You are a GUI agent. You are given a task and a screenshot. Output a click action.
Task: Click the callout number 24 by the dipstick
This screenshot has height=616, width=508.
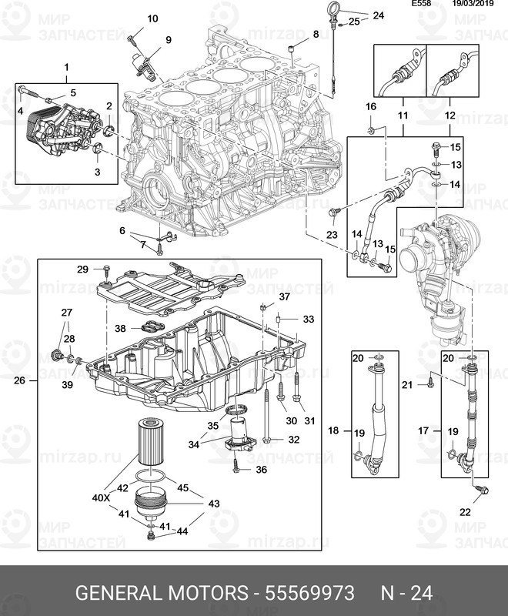tap(378, 15)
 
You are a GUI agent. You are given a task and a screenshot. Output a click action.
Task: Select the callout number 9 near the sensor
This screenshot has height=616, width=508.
tap(167, 39)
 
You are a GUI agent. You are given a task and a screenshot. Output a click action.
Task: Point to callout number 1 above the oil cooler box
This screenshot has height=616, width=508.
tap(66, 68)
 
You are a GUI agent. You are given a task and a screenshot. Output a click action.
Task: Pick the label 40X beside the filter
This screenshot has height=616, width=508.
tap(102, 497)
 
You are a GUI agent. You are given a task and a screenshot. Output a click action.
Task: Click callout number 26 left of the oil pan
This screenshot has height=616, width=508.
tap(20, 380)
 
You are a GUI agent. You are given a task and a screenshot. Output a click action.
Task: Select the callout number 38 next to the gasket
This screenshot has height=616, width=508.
tap(120, 328)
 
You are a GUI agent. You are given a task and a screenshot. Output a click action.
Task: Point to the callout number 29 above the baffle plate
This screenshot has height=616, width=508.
tap(82, 268)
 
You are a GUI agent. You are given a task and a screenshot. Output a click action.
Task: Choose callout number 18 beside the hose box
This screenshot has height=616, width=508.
tap(333, 430)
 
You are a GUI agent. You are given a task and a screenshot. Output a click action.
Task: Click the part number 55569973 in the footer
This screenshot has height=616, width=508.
tap(310, 593)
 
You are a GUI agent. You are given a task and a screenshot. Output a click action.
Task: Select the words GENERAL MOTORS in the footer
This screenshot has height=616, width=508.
tap(162, 593)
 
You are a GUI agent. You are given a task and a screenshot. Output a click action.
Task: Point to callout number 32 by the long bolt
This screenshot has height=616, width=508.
tap(293, 440)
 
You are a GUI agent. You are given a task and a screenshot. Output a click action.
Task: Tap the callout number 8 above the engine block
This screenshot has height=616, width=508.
tap(315, 35)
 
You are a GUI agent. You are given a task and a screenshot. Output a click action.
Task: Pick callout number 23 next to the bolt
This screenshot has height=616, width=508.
tap(332, 234)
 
